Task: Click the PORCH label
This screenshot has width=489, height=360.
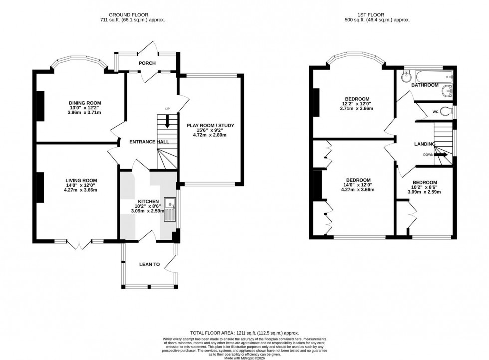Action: tap(147, 63)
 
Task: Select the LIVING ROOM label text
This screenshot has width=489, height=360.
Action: tap(81, 180)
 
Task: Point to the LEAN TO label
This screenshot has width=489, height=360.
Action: tap(149, 264)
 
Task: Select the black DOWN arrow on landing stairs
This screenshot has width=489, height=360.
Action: tap(440, 155)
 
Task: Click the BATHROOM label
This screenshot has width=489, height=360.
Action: tap(425, 85)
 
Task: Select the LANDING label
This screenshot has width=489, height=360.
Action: tap(425, 144)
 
